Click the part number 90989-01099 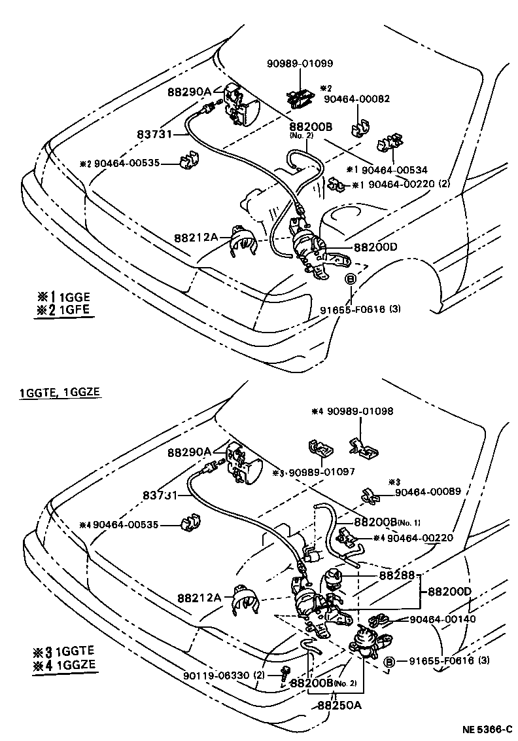[300, 63]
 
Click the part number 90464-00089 [424, 491]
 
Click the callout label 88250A [341, 706]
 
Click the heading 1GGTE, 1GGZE [60, 393]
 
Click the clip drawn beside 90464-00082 [358, 126]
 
